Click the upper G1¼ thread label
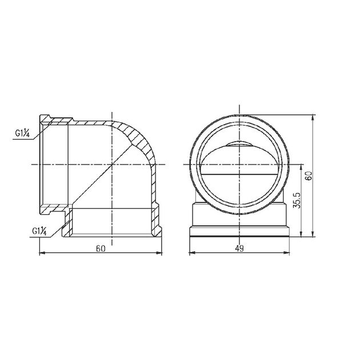(22, 133)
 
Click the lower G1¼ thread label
(39, 231)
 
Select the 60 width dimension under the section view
(101, 249)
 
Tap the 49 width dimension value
(239, 249)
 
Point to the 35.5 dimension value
(298, 200)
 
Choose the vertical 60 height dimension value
(309, 176)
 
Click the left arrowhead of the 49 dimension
(192, 253)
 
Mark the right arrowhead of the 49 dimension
(286, 253)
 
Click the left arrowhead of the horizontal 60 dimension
(43, 253)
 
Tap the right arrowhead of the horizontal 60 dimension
(159, 253)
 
